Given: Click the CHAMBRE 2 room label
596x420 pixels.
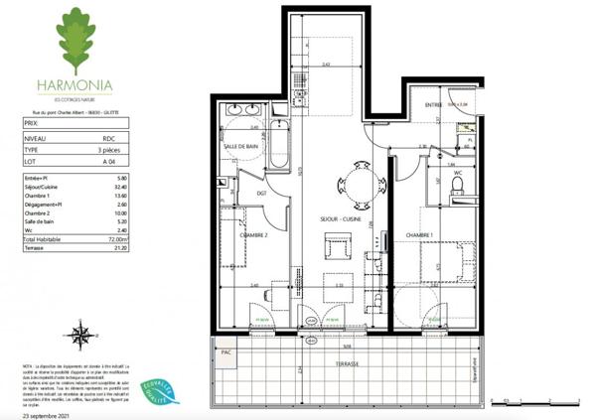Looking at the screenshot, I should [x=253, y=236].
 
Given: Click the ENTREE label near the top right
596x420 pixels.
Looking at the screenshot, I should [x=433, y=104].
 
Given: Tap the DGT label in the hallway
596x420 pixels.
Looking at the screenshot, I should [x=263, y=194].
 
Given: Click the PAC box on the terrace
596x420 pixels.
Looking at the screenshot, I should [x=225, y=351].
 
